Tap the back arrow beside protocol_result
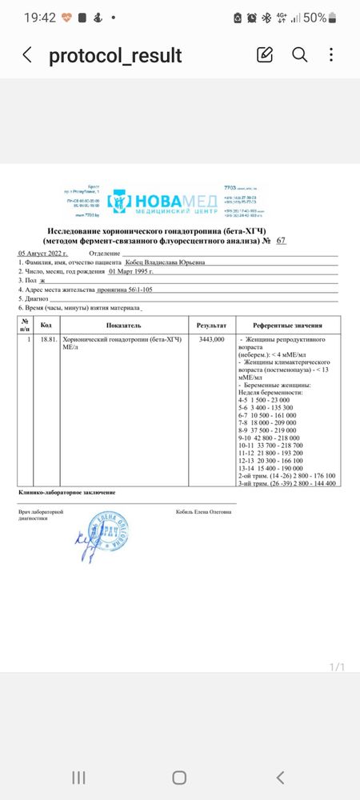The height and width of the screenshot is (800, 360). click(27, 55)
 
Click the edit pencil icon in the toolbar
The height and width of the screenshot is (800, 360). click(265, 54)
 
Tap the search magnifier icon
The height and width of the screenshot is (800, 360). click(299, 54)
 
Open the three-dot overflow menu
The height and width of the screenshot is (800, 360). click(332, 54)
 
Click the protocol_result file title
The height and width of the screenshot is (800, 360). click(115, 55)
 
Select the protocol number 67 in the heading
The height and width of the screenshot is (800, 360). click(280, 240)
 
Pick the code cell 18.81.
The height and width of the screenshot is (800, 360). click(46, 340)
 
